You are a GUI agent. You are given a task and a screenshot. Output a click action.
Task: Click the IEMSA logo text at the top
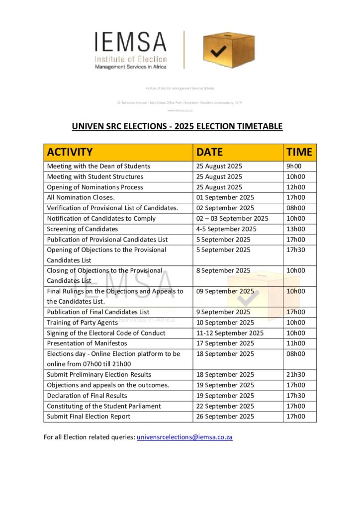(x=131, y=43)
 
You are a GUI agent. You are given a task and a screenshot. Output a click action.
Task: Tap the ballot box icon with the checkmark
(x=228, y=49)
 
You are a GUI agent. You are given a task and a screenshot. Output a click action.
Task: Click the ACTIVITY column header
(x=70, y=152)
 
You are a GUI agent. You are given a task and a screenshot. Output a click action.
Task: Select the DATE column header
(x=210, y=152)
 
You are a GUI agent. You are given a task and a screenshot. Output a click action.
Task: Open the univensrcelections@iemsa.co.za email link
(x=184, y=437)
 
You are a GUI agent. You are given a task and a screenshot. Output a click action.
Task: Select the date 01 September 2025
(x=225, y=198)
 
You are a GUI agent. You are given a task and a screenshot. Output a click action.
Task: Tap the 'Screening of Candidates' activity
(x=83, y=229)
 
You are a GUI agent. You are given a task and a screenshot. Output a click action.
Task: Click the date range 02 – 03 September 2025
(x=232, y=219)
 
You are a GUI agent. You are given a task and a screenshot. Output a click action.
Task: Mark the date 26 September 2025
(x=225, y=417)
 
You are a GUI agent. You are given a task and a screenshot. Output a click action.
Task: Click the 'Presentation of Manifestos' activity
(x=87, y=343)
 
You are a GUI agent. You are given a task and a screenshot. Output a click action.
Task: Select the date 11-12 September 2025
(x=230, y=333)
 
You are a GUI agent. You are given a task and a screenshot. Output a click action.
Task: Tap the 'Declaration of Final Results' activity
(x=87, y=396)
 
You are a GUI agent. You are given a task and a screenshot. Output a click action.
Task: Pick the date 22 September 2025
(x=225, y=406)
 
